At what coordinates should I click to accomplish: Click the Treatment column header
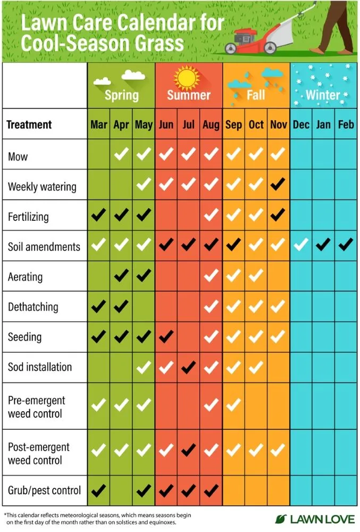[29, 125]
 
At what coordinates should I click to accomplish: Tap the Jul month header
[189, 125]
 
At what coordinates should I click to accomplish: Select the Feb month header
[346, 125]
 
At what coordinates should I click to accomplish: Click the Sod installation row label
[40, 367]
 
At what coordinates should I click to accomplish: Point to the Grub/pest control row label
[44, 489]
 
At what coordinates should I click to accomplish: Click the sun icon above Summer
[188, 78]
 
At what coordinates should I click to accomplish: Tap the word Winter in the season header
[323, 95]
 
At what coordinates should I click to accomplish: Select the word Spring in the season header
[121, 95]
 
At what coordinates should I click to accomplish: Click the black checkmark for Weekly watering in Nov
[278, 186]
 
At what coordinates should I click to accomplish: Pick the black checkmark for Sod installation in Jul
[189, 367]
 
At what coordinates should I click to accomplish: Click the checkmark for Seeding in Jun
[166, 337]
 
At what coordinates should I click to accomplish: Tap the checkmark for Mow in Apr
[122, 155]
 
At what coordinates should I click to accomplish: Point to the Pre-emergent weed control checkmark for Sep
[233, 405]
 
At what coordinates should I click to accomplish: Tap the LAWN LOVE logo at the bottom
[315, 519]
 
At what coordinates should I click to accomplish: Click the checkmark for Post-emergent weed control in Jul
[189, 451]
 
